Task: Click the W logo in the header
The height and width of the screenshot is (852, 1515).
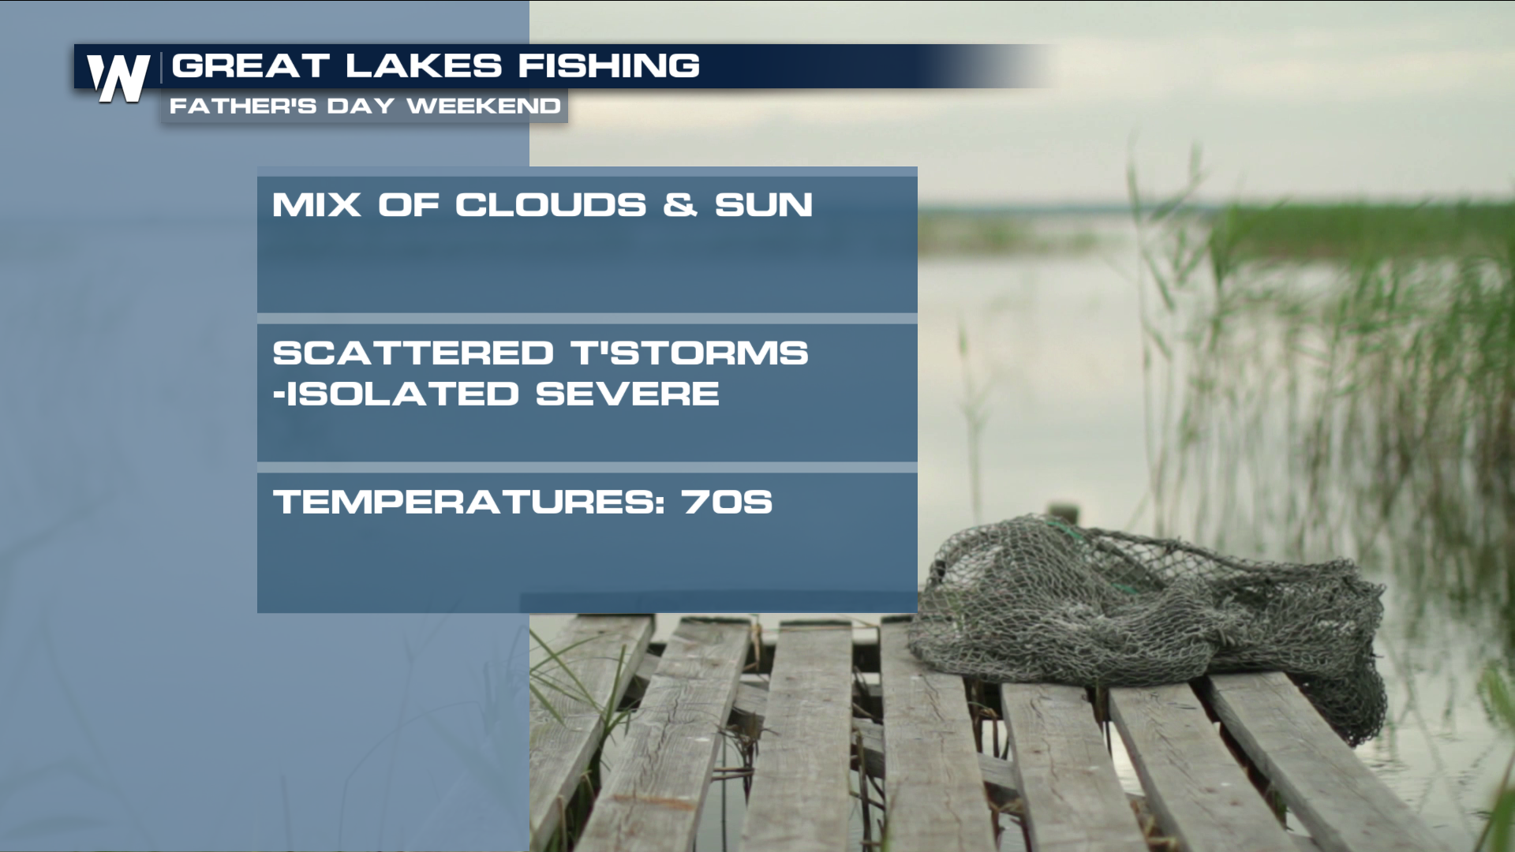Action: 118,78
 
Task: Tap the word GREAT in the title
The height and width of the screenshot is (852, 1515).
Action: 250,65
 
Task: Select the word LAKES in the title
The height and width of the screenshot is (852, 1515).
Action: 424,65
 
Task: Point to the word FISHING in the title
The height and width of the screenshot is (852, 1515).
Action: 608,65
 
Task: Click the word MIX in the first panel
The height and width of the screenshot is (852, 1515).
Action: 316,205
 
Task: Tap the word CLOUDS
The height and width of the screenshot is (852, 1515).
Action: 550,205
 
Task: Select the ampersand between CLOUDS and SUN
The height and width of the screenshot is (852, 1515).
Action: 680,205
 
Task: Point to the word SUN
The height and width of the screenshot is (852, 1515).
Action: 764,205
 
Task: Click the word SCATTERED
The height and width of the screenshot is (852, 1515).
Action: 413,353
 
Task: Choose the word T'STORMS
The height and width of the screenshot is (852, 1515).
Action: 690,353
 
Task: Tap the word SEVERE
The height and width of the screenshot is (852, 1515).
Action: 627,394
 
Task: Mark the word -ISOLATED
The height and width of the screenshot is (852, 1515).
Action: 396,394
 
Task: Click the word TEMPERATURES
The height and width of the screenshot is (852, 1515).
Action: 469,502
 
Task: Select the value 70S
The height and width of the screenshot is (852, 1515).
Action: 728,502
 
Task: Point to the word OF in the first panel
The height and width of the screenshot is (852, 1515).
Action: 408,205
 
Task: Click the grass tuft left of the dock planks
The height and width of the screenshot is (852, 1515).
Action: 568,694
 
